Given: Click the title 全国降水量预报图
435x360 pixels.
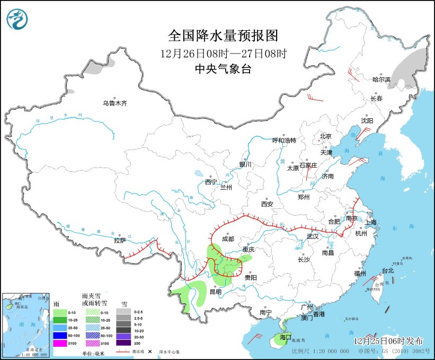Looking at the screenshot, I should [x=223, y=36].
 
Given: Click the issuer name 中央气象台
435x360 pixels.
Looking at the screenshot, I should [x=223, y=68].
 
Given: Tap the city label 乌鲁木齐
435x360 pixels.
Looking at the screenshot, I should [x=115, y=103].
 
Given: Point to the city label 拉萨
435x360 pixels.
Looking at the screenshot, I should [x=120, y=240].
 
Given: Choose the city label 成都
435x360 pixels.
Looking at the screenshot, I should [x=228, y=239].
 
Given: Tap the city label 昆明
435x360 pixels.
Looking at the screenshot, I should [x=216, y=291].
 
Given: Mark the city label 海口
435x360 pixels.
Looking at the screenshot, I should [x=286, y=337].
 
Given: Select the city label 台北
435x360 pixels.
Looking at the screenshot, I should [x=388, y=270].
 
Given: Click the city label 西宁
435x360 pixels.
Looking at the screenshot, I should [x=211, y=182].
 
